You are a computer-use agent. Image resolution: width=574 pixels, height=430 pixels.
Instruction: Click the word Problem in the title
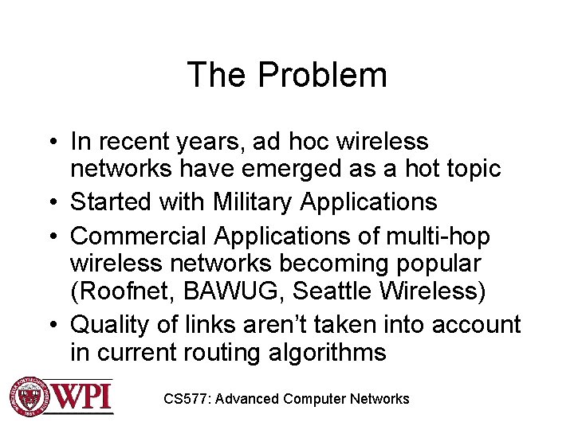pyautogui.click(x=323, y=76)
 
